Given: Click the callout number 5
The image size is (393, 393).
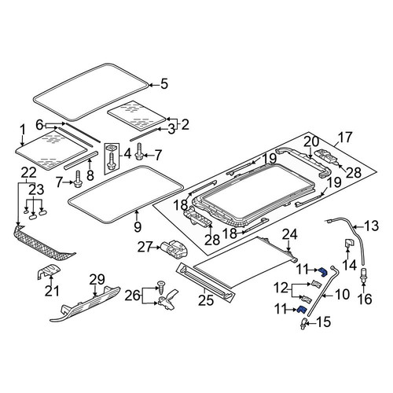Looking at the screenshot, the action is [x=164, y=84].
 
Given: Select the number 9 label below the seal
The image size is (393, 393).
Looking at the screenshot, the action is [x=138, y=226].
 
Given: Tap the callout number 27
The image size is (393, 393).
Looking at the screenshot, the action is [x=145, y=247].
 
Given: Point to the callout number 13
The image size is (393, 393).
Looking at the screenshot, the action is [x=371, y=226].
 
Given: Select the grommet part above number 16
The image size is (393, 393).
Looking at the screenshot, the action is [x=364, y=274].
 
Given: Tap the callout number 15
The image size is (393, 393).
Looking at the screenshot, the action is [x=323, y=321].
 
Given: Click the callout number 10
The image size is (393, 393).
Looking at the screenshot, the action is [x=342, y=294].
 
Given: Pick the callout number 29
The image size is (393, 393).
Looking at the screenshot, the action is [x=97, y=280].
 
